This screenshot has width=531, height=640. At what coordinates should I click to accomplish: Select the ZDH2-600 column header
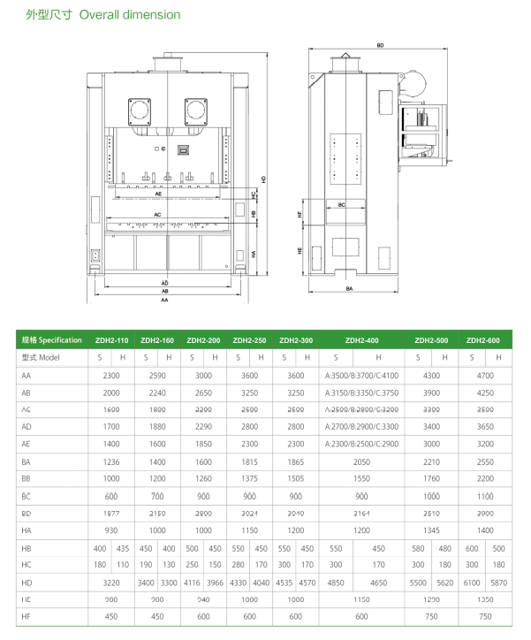pos(483,339)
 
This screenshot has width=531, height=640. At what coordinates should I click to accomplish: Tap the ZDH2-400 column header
pos(360,339)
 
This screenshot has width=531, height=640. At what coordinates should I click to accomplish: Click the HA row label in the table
pos(26,530)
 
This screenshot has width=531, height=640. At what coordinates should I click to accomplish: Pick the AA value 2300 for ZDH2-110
pos(111,376)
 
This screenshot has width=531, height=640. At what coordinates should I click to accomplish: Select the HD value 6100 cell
pos(472,584)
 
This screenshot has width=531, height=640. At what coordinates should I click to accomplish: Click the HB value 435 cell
pos(124,548)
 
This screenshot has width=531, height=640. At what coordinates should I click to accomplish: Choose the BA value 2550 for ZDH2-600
pos(483,462)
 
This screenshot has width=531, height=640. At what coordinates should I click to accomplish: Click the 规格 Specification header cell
pos(50,339)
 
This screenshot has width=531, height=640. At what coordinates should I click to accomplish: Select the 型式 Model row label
pos(39,357)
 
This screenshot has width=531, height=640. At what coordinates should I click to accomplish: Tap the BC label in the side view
pos(342,205)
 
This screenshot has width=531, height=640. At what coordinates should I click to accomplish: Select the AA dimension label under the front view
pos(164,301)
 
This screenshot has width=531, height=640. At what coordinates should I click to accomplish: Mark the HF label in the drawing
pos(300,215)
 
